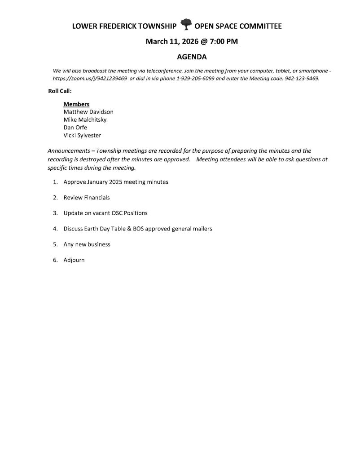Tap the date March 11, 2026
click(x=172, y=42)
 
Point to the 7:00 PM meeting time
click(x=224, y=42)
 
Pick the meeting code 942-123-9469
click(x=302, y=78)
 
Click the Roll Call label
click(x=60, y=91)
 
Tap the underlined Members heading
click(x=76, y=104)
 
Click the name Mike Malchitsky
click(x=85, y=119)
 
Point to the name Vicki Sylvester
click(x=83, y=135)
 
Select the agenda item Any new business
click(x=87, y=244)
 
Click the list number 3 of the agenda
click(x=55, y=213)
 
